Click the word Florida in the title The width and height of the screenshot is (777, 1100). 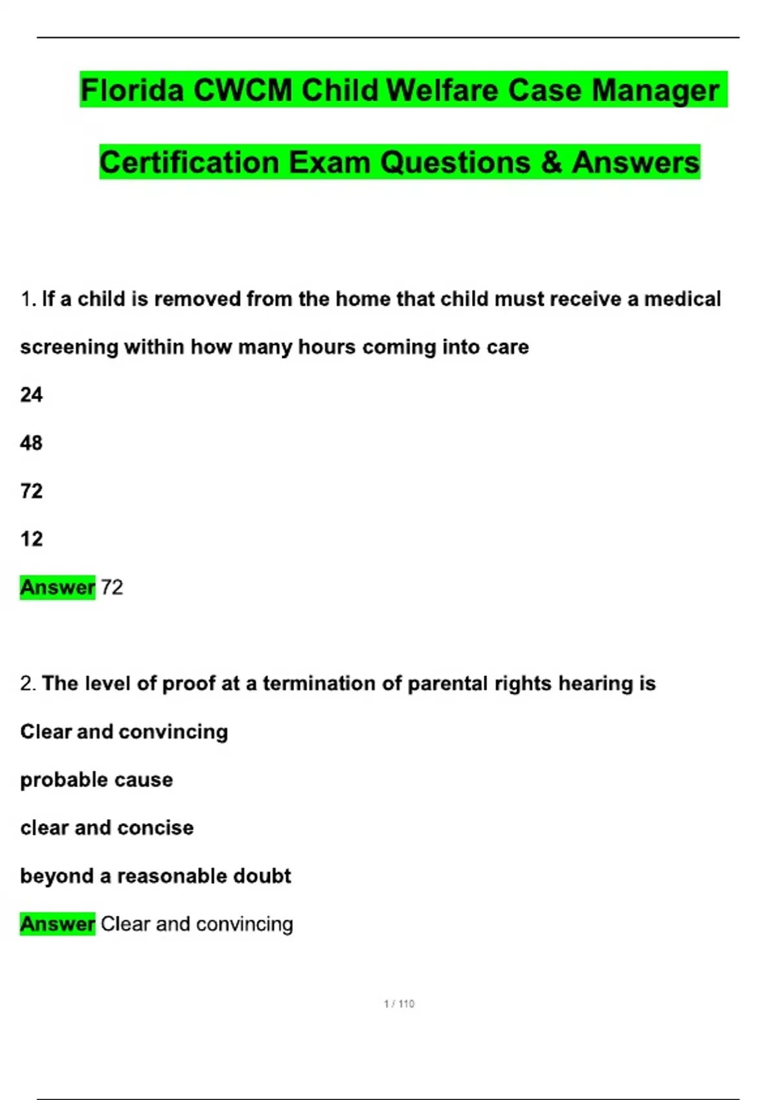132,90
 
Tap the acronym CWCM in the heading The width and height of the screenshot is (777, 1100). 242,90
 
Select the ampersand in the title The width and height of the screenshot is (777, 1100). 550,162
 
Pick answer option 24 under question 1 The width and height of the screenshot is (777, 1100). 31,395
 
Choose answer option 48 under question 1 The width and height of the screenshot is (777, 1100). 31,443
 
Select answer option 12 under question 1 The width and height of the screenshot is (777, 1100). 31,539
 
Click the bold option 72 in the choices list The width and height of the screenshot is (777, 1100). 31,491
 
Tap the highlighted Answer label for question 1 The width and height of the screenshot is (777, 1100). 58,588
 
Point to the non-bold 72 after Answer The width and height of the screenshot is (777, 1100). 112,588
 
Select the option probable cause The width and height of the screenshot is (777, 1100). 96,780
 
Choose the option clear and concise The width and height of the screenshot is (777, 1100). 107,828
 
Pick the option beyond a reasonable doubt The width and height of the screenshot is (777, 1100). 155,876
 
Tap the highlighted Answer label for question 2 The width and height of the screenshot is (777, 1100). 58,924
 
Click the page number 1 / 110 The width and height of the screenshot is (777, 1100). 399,1004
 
